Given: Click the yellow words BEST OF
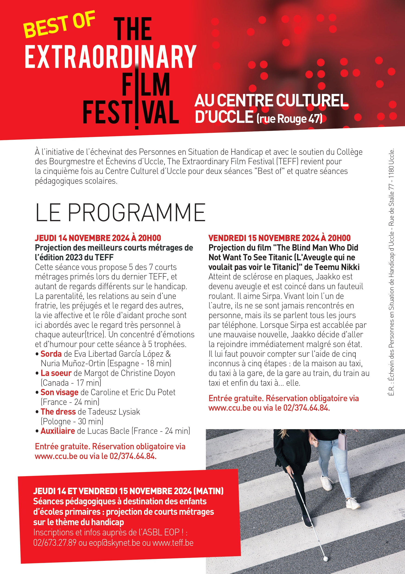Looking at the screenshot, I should pyautogui.click(x=59, y=25).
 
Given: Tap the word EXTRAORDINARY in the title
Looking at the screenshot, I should pyautogui.click(x=110, y=57).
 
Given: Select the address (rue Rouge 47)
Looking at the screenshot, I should pyautogui.click(x=290, y=119).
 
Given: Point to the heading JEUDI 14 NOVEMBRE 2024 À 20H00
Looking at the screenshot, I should pyautogui.click(x=98, y=238).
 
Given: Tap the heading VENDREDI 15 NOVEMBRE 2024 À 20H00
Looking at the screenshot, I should pyautogui.click(x=279, y=238).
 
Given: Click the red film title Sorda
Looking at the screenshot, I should pyautogui.click(x=51, y=354).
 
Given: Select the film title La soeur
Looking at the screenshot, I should pyautogui.click(x=56, y=373).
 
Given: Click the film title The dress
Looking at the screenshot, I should pyautogui.click(x=58, y=412).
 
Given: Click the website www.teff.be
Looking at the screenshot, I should pyautogui.click(x=173, y=543).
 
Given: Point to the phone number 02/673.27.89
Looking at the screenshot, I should pyautogui.click(x=55, y=543).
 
